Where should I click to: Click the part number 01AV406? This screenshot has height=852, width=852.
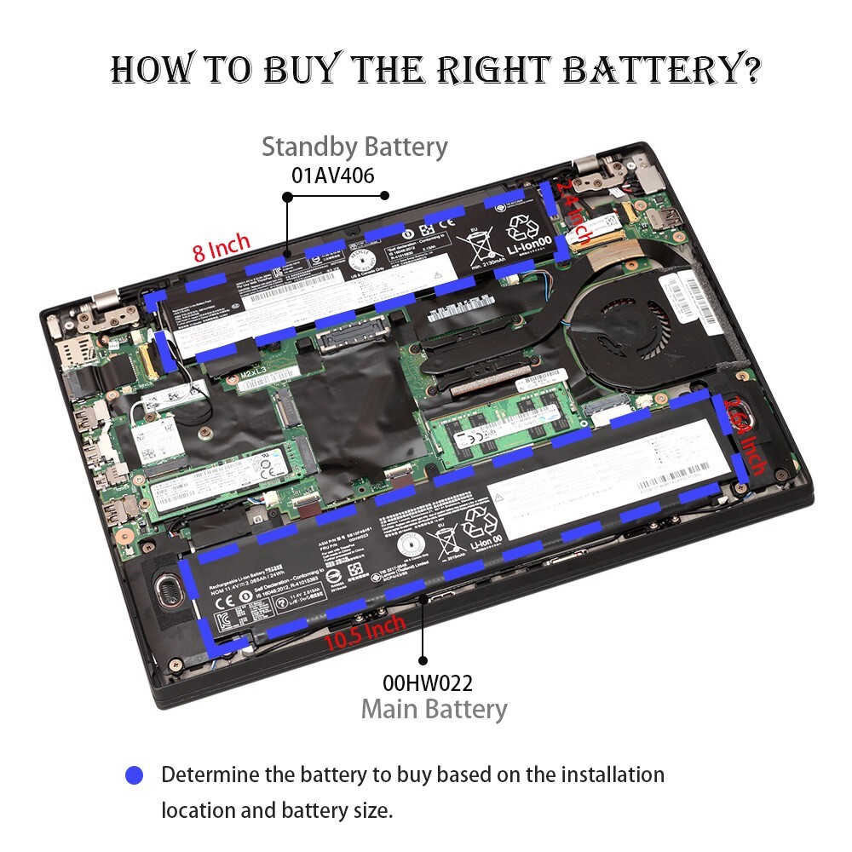[x=333, y=176]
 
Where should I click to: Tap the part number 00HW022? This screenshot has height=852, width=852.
[x=427, y=682]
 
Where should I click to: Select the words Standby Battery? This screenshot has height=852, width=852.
[x=354, y=147]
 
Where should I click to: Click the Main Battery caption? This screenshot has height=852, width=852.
[x=434, y=709]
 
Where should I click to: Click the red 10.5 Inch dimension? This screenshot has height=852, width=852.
[x=364, y=631]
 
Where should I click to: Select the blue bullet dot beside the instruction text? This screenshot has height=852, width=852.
[x=134, y=775]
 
